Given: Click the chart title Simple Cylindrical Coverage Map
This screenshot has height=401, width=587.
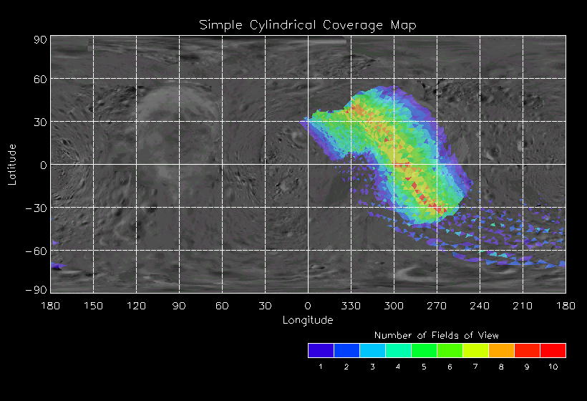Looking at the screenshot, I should tap(308, 25).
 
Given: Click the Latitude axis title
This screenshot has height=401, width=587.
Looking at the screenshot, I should tap(12, 164).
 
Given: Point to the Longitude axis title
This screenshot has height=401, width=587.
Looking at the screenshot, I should tap(308, 320).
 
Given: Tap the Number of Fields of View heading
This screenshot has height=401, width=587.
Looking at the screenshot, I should tap(437, 335).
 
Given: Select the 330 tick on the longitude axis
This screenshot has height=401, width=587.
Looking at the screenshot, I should tap(351, 306).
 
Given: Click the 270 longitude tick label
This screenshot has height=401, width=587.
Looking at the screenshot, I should tap(437, 306).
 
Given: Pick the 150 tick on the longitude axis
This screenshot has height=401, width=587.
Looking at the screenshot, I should tap(93, 306).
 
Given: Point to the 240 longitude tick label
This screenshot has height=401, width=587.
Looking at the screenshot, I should tap(480, 306).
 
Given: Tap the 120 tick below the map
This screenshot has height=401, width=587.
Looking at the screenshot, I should tap(136, 306).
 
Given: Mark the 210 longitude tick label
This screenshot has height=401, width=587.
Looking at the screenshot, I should tap(523, 306).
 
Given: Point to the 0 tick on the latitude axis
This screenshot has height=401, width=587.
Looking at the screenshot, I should tap(43, 165).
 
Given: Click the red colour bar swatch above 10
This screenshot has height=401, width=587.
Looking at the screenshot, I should tap(553, 350).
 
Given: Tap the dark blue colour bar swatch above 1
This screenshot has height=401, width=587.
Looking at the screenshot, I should tap(321, 350).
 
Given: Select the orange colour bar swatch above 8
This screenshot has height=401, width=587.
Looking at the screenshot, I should tap(501, 350).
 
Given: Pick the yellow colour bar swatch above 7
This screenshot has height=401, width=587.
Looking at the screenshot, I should tap(475, 350).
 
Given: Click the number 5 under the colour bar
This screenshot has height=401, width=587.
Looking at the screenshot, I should tap(424, 367).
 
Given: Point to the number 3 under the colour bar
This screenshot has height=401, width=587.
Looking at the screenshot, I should tap(372, 367).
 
